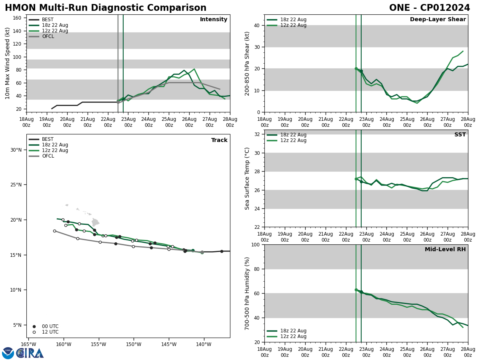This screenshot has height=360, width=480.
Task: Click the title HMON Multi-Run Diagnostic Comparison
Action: click(x=106, y=8)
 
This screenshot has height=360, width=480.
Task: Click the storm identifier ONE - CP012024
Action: click(x=429, y=8)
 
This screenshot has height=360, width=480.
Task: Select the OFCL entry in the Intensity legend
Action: click(x=48, y=36)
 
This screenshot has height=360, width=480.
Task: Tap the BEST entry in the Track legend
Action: click(x=48, y=139)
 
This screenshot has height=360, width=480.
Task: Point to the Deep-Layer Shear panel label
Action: click(x=438, y=20)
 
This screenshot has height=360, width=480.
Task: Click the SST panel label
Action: click(x=460, y=135)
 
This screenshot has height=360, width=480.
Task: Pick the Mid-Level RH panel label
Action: click(x=445, y=250)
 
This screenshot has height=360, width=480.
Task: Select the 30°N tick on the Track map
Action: click(x=16, y=150)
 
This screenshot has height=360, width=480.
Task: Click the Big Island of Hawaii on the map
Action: click(x=95, y=222)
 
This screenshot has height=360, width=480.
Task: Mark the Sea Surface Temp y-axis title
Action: click(x=247, y=178)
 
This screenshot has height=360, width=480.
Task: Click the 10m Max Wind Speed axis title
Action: click(x=8, y=63)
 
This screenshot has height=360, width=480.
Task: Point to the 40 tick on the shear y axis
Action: click(x=256, y=25)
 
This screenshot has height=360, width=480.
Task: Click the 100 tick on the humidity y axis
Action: click(x=254, y=244)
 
